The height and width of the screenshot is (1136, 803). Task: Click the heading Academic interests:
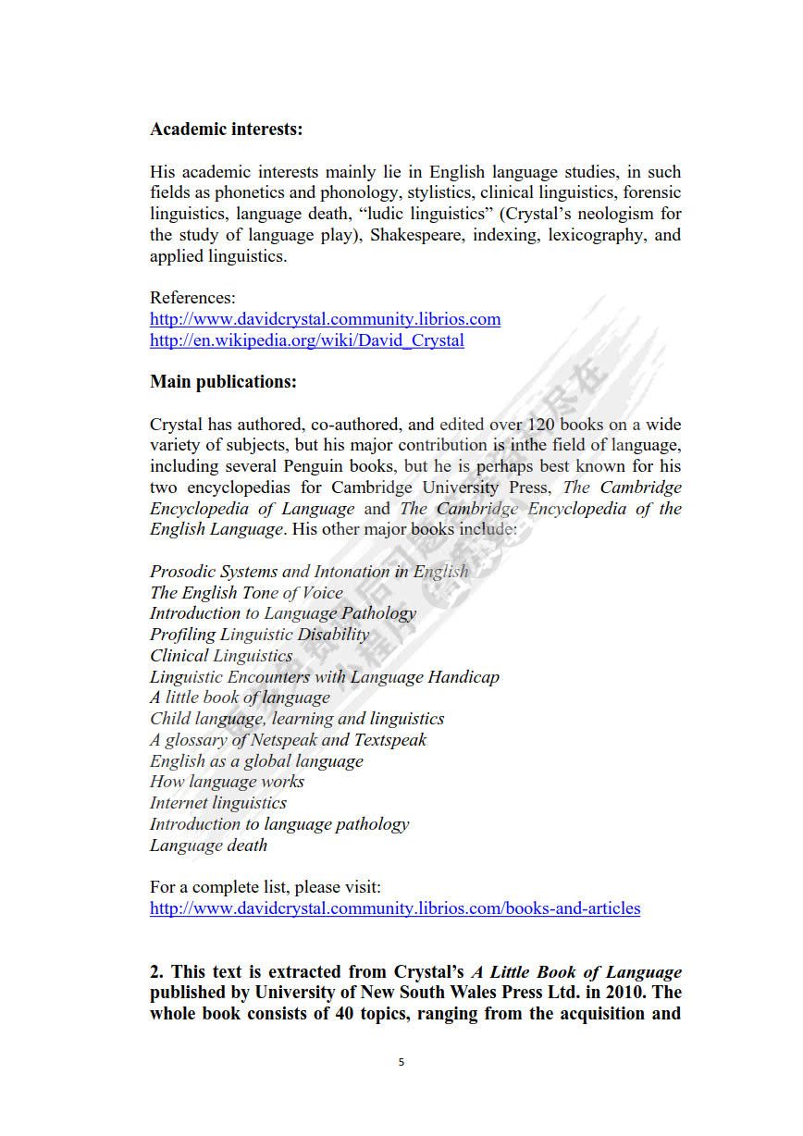pyautogui.click(x=226, y=130)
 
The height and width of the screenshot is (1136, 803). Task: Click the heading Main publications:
pyautogui.click(x=223, y=381)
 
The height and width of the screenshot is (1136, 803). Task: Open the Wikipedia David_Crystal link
pyautogui.click(x=306, y=340)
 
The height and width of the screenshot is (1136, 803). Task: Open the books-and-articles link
pyautogui.click(x=394, y=908)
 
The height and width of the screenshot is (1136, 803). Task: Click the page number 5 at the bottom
pyautogui.click(x=401, y=1062)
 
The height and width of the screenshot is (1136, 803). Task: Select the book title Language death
pyautogui.click(x=208, y=846)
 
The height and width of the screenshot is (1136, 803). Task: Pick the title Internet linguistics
pyautogui.click(x=218, y=803)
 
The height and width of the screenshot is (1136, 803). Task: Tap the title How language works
pyautogui.click(x=227, y=782)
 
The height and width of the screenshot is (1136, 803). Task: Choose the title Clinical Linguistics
pyautogui.click(x=221, y=656)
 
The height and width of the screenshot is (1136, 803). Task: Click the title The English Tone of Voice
pyautogui.click(x=246, y=593)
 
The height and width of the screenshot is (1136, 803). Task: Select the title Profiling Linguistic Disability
pyautogui.click(x=259, y=635)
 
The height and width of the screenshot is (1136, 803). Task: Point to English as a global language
pyautogui.click(x=256, y=761)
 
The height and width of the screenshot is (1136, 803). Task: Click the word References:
pyautogui.click(x=192, y=298)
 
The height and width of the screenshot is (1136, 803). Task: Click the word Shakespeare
pyautogui.click(x=417, y=235)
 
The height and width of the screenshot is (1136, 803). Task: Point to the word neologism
pyautogui.click(x=609, y=214)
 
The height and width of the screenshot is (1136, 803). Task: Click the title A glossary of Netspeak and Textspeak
pyautogui.click(x=288, y=740)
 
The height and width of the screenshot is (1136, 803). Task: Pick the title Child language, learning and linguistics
pyautogui.click(x=297, y=719)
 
